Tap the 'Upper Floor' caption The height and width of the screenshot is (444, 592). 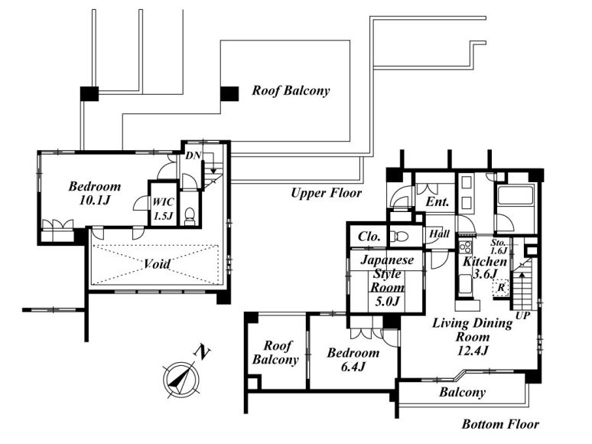tap(326, 193)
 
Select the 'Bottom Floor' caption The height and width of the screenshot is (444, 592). tap(500, 424)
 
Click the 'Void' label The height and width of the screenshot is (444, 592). tap(157, 264)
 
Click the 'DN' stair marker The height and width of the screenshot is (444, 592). tap(192, 155)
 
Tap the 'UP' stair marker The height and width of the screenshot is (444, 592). tap(523, 315)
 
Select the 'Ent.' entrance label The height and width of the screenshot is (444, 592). tap(437, 203)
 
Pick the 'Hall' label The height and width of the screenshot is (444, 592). tap(439, 234)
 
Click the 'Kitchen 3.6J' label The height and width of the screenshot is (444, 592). tap(480, 267)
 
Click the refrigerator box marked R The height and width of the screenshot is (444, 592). tap(500, 288)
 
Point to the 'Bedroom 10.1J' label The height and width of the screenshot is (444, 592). tap(95, 193)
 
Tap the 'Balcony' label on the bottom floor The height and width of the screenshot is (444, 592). tap(462, 393)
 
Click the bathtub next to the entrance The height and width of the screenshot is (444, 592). tap(514, 197)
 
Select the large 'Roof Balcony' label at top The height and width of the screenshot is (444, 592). tap(291, 91)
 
